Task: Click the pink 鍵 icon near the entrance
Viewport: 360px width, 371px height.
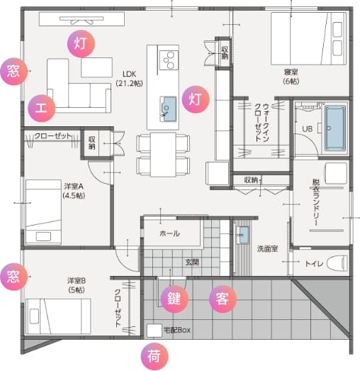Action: [x=174, y=299]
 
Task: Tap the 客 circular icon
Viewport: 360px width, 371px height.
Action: [x=220, y=299]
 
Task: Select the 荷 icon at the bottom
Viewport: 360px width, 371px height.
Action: [x=153, y=355]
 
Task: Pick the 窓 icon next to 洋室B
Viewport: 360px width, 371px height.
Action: [x=12, y=274]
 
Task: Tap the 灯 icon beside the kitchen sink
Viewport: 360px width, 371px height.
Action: [x=195, y=99]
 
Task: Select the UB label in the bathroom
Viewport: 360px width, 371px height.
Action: [x=307, y=128]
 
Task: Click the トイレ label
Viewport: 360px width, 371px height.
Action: [x=313, y=265]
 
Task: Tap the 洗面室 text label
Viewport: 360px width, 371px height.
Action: [x=266, y=249]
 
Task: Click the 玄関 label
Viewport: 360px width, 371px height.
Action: [x=192, y=262]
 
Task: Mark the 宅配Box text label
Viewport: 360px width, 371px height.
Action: [x=178, y=331]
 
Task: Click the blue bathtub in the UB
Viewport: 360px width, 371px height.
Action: [x=334, y=128]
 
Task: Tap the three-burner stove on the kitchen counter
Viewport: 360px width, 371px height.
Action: [x=169, y=60]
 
